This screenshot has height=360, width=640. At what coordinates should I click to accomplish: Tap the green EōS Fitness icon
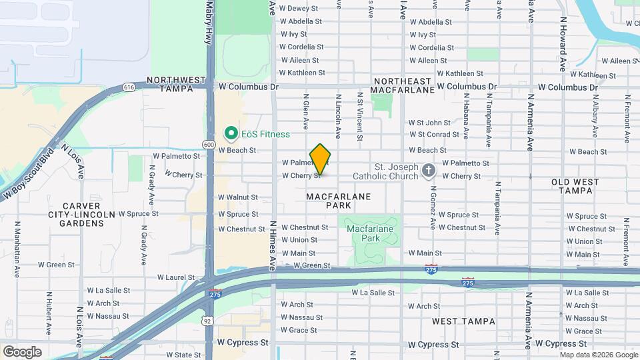(x=231, y=134)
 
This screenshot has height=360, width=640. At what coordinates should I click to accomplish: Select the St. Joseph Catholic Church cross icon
(x=428, y=171)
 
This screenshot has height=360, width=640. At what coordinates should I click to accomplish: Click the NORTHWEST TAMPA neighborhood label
(x=177, y=84)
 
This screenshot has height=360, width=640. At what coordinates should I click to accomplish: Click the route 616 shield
(x=129, y=87)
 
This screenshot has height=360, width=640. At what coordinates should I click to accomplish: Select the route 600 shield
(x=209, y=145)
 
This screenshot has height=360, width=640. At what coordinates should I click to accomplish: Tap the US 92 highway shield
(x=209, y=321)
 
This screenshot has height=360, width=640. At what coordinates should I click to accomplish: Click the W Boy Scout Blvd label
(x=28, y=173)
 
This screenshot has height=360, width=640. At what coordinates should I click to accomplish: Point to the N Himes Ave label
(x=273, y=246)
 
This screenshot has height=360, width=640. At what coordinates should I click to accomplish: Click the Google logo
(x=22, y=351)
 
